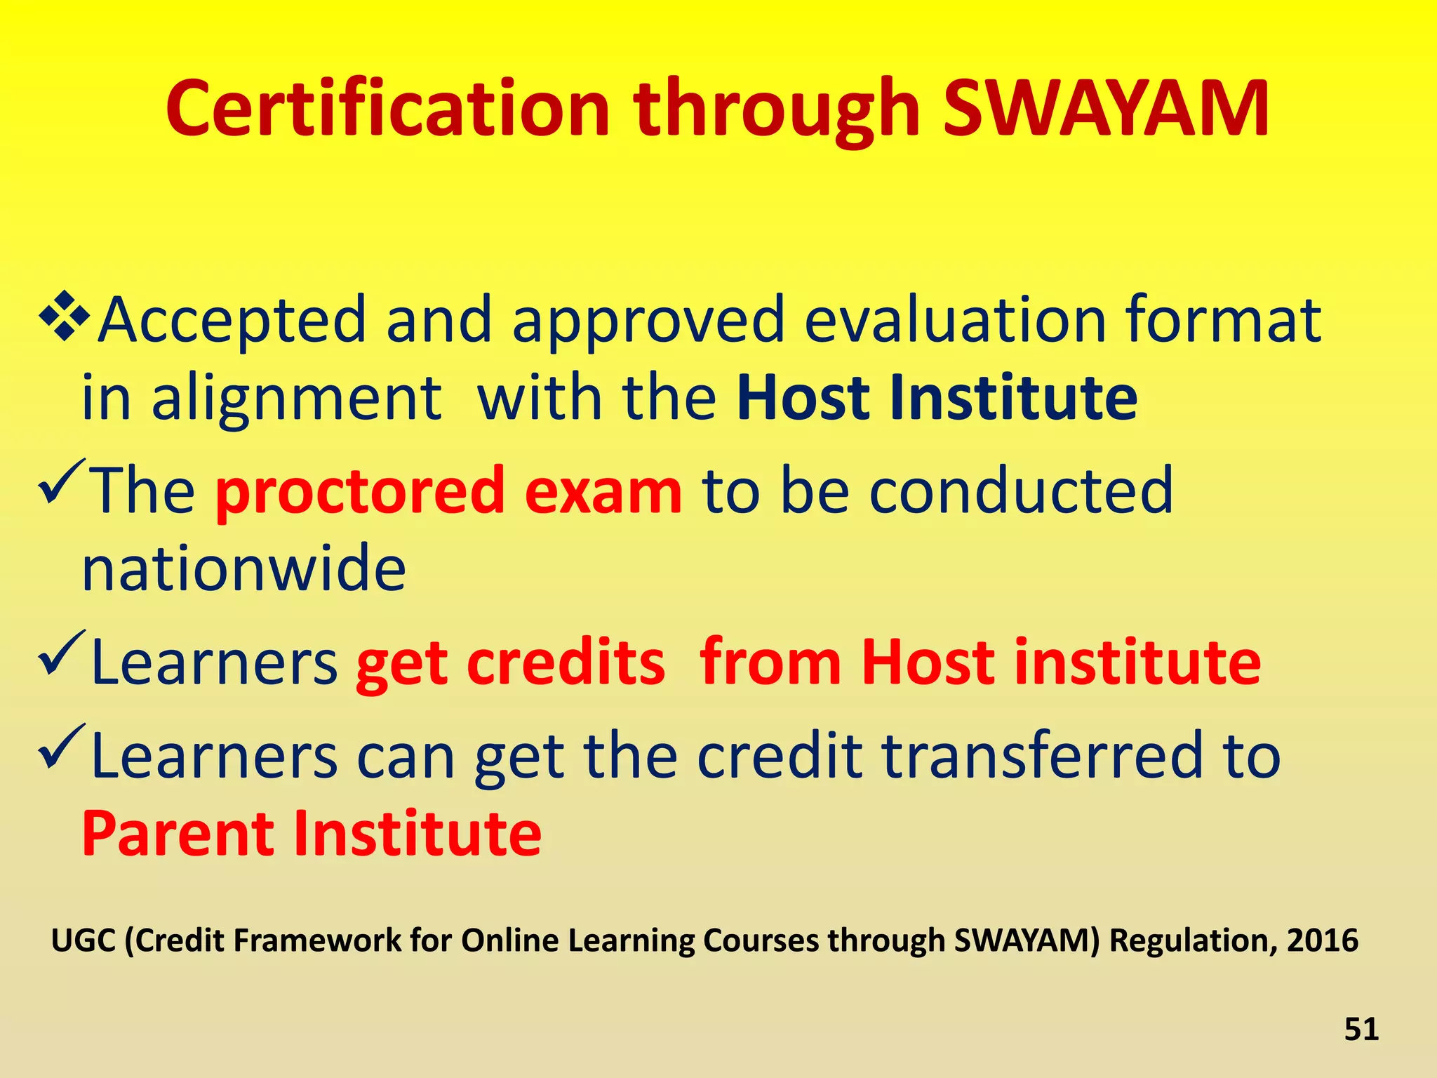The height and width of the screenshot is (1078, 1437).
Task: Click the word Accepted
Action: click(x=232, y=320)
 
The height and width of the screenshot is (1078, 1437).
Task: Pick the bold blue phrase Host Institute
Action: click(x=937, y=398)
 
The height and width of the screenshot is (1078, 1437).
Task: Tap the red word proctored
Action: click(x=360, y=491)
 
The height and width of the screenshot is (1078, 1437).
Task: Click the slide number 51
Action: click(x=1361, y=1029)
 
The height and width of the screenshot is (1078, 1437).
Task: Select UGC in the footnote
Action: click(x=83, y=940)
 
